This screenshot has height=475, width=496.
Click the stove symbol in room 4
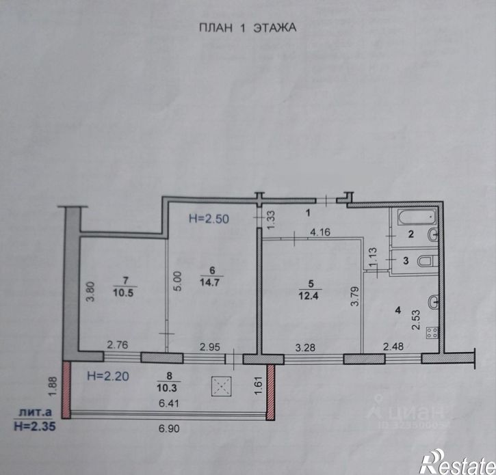(433, 334)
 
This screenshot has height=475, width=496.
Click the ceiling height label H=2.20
(107, 375)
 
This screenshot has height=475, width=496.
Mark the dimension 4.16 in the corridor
(321, 232)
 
